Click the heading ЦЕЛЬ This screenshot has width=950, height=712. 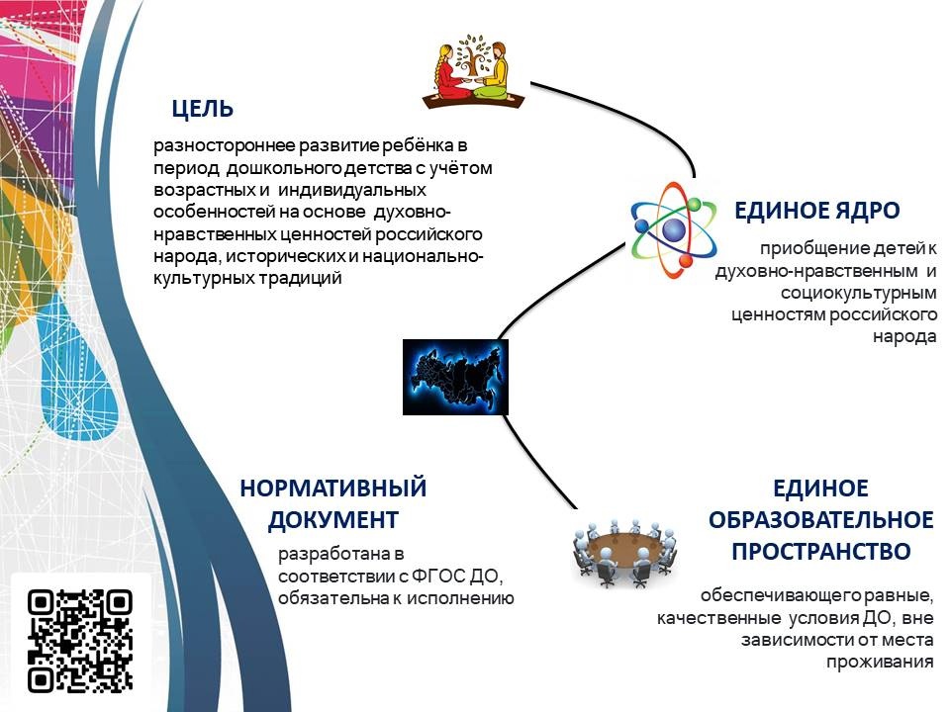(x=202, y=109)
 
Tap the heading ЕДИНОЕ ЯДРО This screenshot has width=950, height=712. (x=816, y=211)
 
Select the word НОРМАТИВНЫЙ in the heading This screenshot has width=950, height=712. (x=333, y=488)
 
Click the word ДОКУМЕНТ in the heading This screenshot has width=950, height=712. (x=333, y=520)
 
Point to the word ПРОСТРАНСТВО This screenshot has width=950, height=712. (x=821, y=552)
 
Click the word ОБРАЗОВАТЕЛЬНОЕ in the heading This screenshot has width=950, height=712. (x=821, y=520)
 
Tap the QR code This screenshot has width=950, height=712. (x=79, y=641)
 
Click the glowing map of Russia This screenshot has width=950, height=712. (x=455, y=377)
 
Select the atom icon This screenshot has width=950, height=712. (x=673, y=230)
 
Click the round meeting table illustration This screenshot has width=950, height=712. (x=624, y=552)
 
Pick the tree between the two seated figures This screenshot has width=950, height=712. (x=473, y=57)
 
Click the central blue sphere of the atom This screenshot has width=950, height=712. (x=673, y=230)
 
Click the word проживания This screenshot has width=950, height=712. (x=880, y=663)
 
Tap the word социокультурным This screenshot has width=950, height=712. (x=859, y=293)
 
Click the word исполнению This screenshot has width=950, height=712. (x=460, y=599)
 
